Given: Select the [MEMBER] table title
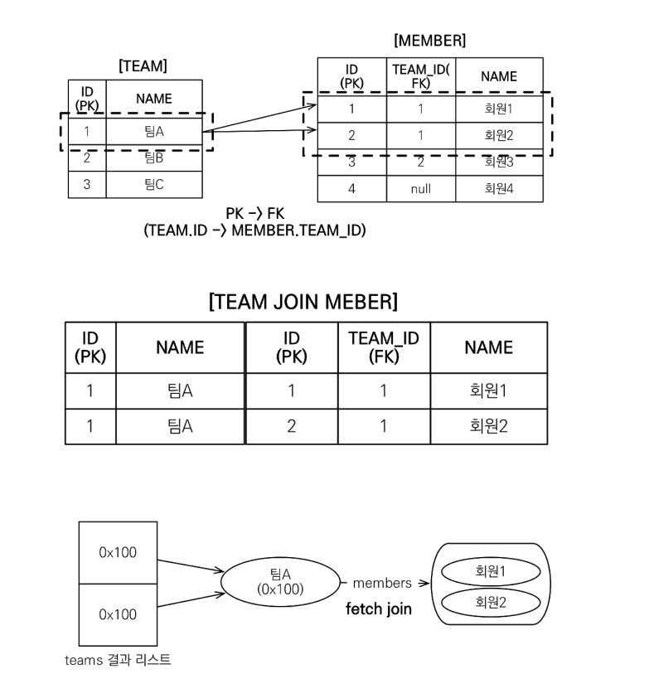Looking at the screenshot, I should point(429,40).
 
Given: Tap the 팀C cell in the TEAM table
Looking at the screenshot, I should point(153,184).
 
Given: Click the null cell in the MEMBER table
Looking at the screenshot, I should point(420,188).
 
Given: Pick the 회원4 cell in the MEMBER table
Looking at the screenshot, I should point(499,188).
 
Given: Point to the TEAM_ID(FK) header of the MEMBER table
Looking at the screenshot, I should point(420,76).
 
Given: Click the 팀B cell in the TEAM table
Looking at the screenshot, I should point(153,158).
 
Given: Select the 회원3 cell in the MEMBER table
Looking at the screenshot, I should point(499,162).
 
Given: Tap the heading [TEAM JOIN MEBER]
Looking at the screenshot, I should point(304,302).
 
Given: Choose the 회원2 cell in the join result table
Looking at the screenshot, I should point(488,426).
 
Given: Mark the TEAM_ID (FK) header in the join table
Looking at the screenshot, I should point(384,347).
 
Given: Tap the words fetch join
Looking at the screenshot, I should point(379,610).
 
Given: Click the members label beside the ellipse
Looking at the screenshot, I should point(382,584).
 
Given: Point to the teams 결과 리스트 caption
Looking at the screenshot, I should point(118,660).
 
